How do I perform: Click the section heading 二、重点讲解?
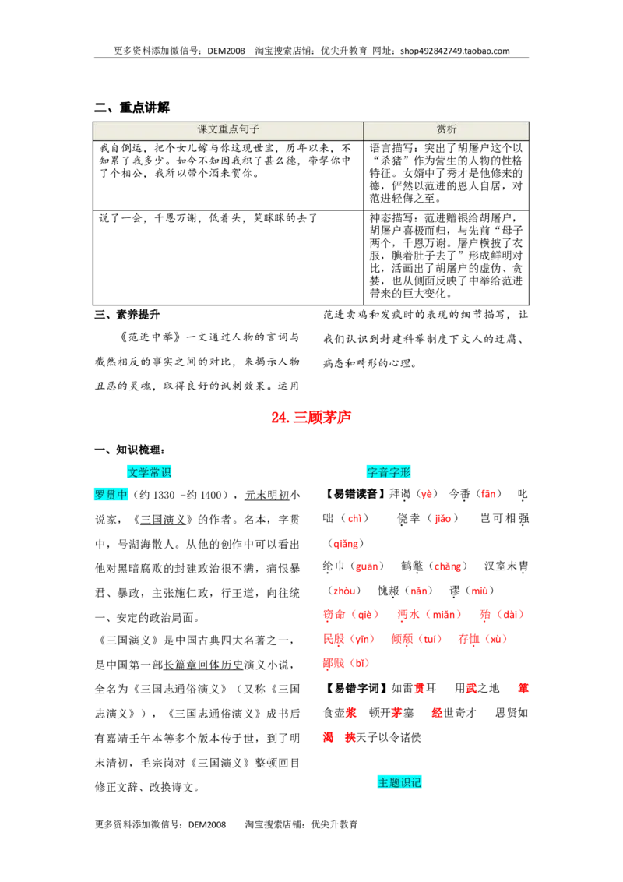(132, 107)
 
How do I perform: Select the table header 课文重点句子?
(228, 129)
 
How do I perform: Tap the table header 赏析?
(446, 129)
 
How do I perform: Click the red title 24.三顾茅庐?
(311, 417)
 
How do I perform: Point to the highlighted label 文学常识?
(149, 472)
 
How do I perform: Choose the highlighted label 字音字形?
(389, 472)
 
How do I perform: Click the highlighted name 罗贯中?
(111, 495)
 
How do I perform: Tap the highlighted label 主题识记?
(399, 781)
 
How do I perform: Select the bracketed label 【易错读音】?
(355, 494)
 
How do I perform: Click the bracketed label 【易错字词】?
(356, 688)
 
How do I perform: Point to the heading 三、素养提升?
(127, 315)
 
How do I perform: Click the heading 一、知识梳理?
(130, 450)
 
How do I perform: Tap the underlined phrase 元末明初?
(267, 495)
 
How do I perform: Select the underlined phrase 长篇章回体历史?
(203, 665)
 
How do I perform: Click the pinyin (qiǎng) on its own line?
(345, 543)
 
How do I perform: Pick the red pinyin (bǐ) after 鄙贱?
(359, 663)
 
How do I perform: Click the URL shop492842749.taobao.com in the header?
(455, 51)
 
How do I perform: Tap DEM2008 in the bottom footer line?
(207, 824)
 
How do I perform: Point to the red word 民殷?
(334, 639)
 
